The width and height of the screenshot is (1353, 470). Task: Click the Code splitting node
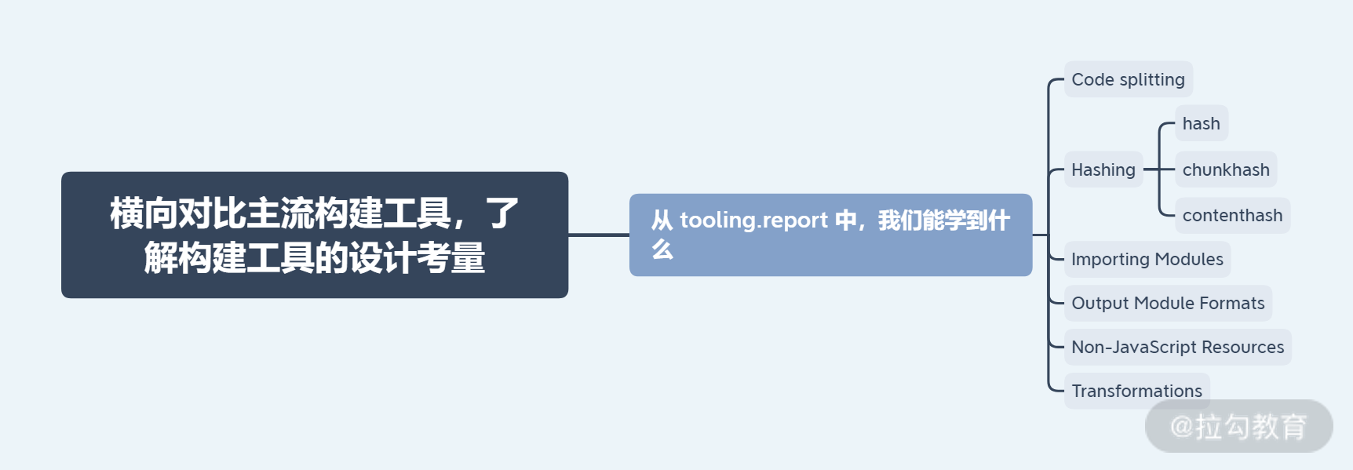pyautogui.click(x=1128, y=79)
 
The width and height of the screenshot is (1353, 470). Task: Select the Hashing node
pyautogui.click(x=1103, y=169)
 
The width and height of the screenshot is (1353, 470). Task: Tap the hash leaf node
pyautogui.click(x=1201, y=124)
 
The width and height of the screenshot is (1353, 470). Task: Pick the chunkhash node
pyautogui.click(x=1225, y=169)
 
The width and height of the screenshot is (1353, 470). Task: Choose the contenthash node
pyautogui.click(x=1232, y=215)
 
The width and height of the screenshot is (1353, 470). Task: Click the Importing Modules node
pyautogui.click(x=1147, y=259)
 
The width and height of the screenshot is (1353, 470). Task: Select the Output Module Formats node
pyautogui.click(x=1168, y=303)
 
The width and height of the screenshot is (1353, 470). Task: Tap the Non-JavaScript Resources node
pyautogui.click(x=1177, y=347)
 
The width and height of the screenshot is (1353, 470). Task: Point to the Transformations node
pyautogui.click(x=1136, y=390)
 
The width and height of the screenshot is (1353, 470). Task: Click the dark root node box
pyautogui.click(x=315, y=235)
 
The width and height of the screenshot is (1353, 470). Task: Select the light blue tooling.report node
pyautogui.click(x=830, y=235)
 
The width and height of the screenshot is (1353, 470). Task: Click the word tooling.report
pyautogui.click(x=754, y=220)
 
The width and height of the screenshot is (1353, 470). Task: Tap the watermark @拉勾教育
pyautogui.click(x=1238, y=427)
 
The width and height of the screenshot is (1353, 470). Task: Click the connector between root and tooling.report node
pyautogui.click(x=599, y=235)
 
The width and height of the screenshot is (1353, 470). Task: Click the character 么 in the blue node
pyautogui.click(x=662, y=250)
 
